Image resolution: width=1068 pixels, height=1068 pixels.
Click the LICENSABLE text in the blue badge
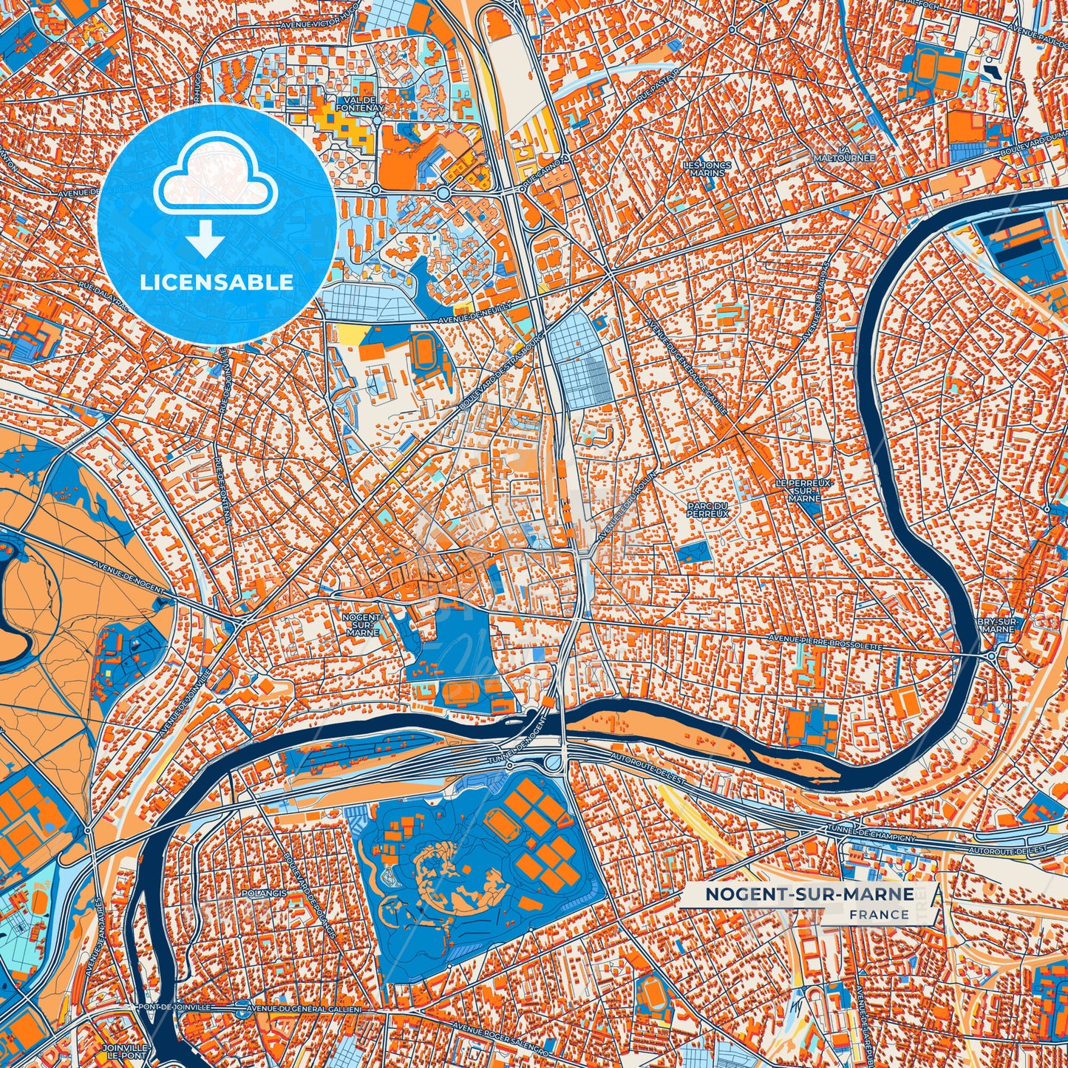click(x=217, y=282)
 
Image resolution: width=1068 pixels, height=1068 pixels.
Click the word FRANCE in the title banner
click(x=880, y=914)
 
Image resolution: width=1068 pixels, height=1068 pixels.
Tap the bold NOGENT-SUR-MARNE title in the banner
click(x=809, y=894)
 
